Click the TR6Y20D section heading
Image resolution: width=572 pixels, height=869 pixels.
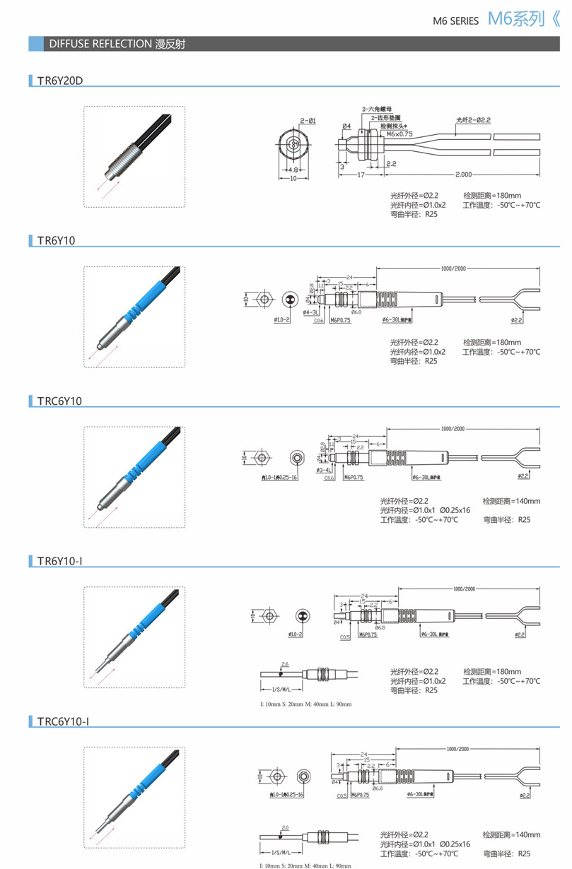[60, 80]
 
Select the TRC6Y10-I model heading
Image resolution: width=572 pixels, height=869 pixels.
[63, 721]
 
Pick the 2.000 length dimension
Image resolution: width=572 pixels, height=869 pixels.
[464, 175]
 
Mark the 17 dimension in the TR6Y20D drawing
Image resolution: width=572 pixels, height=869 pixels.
[360, 175]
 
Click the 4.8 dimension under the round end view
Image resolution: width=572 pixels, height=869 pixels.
[292, 170]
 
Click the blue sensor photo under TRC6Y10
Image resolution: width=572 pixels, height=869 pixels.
[134, 477]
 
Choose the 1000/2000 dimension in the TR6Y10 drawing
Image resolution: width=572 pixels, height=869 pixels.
[453, 269]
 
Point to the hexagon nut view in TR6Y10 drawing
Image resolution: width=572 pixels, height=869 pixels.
[263, 299]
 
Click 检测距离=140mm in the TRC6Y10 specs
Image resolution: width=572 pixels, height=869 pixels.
[511, 501]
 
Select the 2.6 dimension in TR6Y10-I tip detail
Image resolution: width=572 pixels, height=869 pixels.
[286, 665]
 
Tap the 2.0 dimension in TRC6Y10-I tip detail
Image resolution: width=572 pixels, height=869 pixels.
[286, 827]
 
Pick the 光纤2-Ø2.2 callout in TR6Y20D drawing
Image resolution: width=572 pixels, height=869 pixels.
[474, 120]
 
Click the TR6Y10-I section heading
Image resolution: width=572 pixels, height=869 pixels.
[60, 561]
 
